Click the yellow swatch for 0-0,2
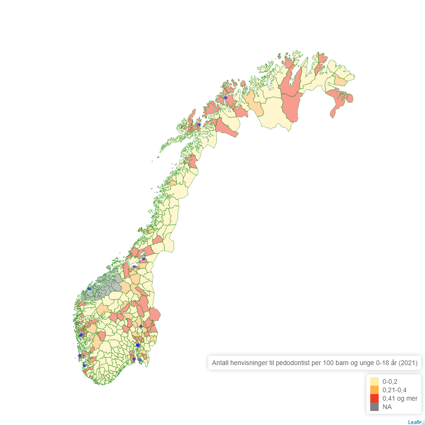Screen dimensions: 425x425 pyautogui.click(x=374, y=381)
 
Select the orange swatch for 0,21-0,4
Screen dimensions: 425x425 pyautogui.click(x=374, y=390)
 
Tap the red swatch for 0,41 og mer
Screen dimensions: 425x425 pyautogui.click(x=374, y=398)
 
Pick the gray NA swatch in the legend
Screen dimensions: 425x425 pyautogui.click(x=374, y=407)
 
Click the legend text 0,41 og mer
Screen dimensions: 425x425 pyautogui.click(x=400, y=398)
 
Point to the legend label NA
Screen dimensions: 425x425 pyautogui.click(x=387, y=407)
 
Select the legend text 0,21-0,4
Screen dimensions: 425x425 pyautogui.click(x=394, y=390)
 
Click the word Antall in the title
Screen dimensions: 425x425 pyautogui.click(x=221, y=363)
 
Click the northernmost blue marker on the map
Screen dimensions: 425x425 pyautogui.click(x=226, y=98)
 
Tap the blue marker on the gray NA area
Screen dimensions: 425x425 pyautogui.click(x=89, y=289)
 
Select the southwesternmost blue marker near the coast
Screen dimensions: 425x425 pyautogui.click(x=84, y=365)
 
